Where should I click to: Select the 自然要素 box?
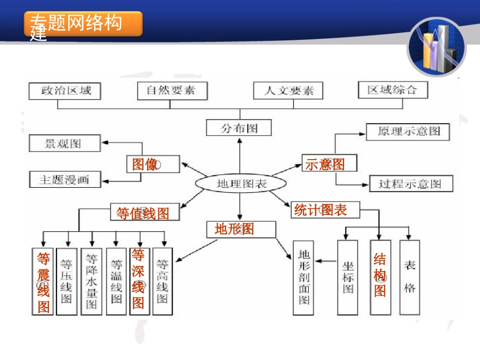coord(170,91)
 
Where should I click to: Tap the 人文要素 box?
coord(289,91)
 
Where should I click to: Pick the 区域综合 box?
coord(392,90)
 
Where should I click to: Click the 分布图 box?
coord(239,128)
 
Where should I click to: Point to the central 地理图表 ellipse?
coord(241,184)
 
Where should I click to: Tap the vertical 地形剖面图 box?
coord(304,277)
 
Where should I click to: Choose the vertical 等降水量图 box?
coord(91,281)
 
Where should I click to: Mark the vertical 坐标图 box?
coord(348,277)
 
